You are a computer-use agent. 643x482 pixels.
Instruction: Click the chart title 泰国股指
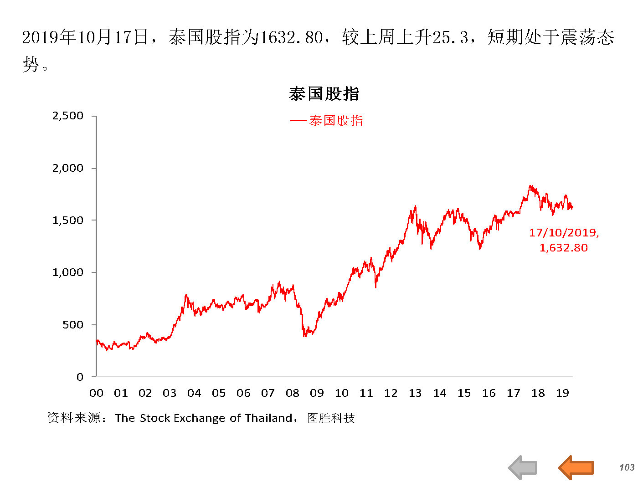pyautogui.click(x=324, y=94)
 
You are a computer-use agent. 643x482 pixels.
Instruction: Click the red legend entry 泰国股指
pyautogui.click(x=336, y=121)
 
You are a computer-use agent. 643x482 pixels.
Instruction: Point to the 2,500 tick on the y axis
pyautogui.click(x=68, y=116)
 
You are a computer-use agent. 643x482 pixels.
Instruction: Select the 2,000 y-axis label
pyautogui.click(x=68, y=168)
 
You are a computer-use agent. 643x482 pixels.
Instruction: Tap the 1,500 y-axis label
pyautogui.click(x=68, y=220)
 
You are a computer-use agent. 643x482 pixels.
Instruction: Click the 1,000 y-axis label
pyautogui.click(x=68, y=272)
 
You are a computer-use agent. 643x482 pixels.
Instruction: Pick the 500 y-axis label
pyautogui.click(x=73, y=325)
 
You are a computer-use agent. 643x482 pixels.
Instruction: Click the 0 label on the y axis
pyautogui.click(x=80, y=377)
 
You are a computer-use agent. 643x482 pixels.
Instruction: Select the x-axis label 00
pyautogui.click(x=96, y=393)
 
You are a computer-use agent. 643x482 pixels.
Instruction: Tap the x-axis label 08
pyautogui.click(x=293, y=393)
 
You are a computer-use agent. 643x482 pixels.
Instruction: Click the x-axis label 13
pyautogui.click(x=415, y=393)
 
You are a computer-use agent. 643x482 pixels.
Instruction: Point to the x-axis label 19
pyautogui.click(x=562, y=393)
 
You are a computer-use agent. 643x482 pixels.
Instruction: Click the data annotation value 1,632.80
pyautogui.click(x=564, y=248)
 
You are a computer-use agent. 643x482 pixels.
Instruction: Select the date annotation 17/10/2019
pyautogui.click(x=564, y=233)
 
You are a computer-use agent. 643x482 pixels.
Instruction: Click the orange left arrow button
pyautogui.click(x=576, y=467)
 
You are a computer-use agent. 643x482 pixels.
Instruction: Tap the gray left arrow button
pyautogui.click(x=523, y=467)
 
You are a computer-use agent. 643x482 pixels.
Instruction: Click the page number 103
pyautogui.click(x=627, y=467)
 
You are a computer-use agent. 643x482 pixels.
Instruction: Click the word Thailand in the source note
pyautogui.click(x=268, y=418)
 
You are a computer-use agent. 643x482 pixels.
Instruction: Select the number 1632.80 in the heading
pyautogui.click(x=291, y=37)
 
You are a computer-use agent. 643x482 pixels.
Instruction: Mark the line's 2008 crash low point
pyautogui.click(x=304, y=336)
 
